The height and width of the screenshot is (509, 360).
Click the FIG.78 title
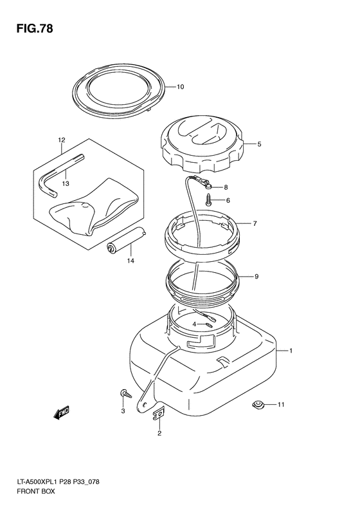point(34,29)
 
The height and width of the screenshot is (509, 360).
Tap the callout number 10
point(180,87)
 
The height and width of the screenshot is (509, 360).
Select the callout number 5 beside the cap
point(259,144)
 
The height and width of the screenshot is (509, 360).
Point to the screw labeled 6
point(208,199)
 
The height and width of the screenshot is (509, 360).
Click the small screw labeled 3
point(126,393)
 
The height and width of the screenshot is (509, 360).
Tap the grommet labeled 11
point(258,405)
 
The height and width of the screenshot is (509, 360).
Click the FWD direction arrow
point(61,413)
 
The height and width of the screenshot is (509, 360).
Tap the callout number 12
point(62,140)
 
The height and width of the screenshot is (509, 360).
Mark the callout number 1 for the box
point(291,351)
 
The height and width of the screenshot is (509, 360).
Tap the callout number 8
point(226,187)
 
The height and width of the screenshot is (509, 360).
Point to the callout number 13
point(66,184)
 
